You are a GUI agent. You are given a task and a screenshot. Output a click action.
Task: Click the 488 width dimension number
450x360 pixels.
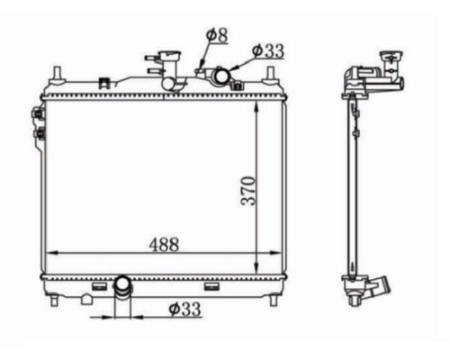point(164,245)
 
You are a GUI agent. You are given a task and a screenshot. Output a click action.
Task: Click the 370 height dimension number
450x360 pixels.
point(248,191)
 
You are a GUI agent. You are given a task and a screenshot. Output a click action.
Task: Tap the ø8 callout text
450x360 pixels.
point(217,35)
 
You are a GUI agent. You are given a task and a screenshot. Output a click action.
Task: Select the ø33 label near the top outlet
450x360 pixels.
point(268,50)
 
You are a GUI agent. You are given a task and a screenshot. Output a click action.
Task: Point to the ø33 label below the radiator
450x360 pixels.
point(184,309)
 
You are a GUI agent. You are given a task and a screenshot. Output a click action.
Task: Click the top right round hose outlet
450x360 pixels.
point(222,76)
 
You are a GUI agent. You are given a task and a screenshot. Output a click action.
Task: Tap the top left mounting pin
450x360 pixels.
point(57,75)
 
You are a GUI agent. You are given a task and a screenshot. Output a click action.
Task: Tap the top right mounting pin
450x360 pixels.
point(271,75)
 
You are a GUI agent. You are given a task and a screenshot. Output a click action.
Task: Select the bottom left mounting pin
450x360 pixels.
point(54,301)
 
